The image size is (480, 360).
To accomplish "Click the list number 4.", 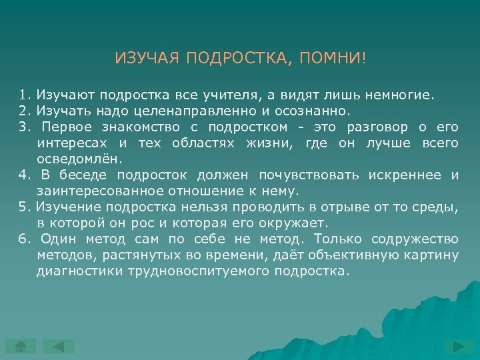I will coord(23,175).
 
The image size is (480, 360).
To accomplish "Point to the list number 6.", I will coord(23,239).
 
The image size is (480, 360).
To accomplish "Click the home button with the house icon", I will coord(20,346).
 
